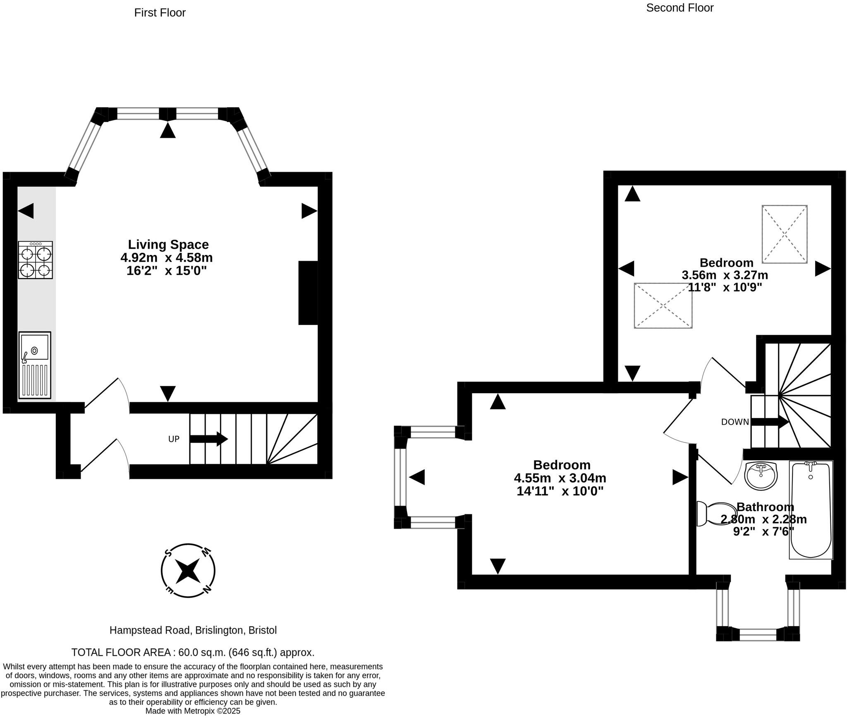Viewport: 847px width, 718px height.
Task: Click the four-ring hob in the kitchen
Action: click(x=35, y=260)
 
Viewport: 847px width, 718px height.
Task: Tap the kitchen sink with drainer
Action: click(x=35, y=365)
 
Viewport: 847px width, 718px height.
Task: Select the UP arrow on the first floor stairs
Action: click(x=209, y=439)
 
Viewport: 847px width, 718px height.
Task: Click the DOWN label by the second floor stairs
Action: click(x=735, y=422)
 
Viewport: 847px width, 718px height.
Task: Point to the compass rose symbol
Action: click(x=188, y=571)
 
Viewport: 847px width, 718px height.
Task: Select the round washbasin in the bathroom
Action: click(x=761, y=476)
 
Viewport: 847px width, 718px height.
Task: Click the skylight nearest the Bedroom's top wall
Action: click(x=785, y=234)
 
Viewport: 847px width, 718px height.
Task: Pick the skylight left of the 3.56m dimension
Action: click(x=663, y=305)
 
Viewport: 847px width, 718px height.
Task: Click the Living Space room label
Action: click(x=168, y=244)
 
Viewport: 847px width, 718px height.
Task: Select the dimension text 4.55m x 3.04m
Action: click(x=560, y=478)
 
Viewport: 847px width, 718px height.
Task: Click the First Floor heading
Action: click(x=160, y=13)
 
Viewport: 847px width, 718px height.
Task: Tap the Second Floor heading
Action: click(x=680, y=8)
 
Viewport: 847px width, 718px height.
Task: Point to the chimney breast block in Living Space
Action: click(x=308, y=293)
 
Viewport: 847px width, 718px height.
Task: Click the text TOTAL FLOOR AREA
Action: click(x=122, y=653)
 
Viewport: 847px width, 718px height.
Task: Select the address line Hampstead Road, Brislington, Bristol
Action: click(x=193, y=630)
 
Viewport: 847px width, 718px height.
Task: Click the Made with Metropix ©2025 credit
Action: click(x=193, y=711)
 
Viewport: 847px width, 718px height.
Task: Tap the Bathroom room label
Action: click(x=765, y=507)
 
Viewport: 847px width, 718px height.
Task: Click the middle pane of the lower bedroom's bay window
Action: click(x=400, y=477)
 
